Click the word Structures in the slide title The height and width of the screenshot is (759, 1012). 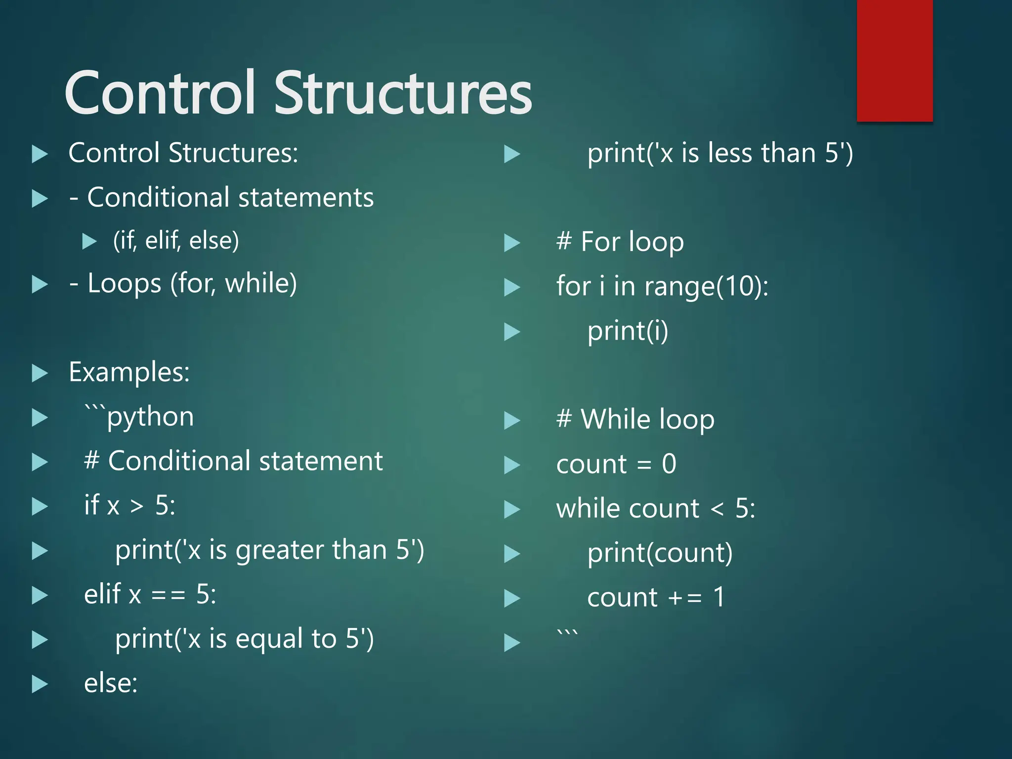[x=403, y=93]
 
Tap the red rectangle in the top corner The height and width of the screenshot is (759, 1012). [x=894, y=60]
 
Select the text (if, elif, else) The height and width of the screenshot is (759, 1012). [x=176, y=241]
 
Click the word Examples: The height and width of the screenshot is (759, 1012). [x=129, y=372]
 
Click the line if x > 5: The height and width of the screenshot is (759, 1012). [x=129, y=506]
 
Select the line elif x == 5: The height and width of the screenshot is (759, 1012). [x=150, y=594]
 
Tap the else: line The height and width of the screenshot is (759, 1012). [x=111, y=683]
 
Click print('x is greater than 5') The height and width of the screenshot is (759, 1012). [x=269, y=550]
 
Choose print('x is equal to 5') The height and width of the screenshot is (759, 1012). [x=244, y=639]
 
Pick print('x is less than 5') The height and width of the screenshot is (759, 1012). [x=720, y=153]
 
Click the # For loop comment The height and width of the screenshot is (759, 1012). [x=620, y=242]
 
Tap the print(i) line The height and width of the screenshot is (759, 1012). [x=628, y=331]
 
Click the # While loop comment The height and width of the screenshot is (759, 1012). [x=635, y=420]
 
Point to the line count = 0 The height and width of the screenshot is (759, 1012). [x=616, y=464]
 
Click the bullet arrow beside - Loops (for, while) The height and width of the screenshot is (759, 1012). [x=40, y=285]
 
